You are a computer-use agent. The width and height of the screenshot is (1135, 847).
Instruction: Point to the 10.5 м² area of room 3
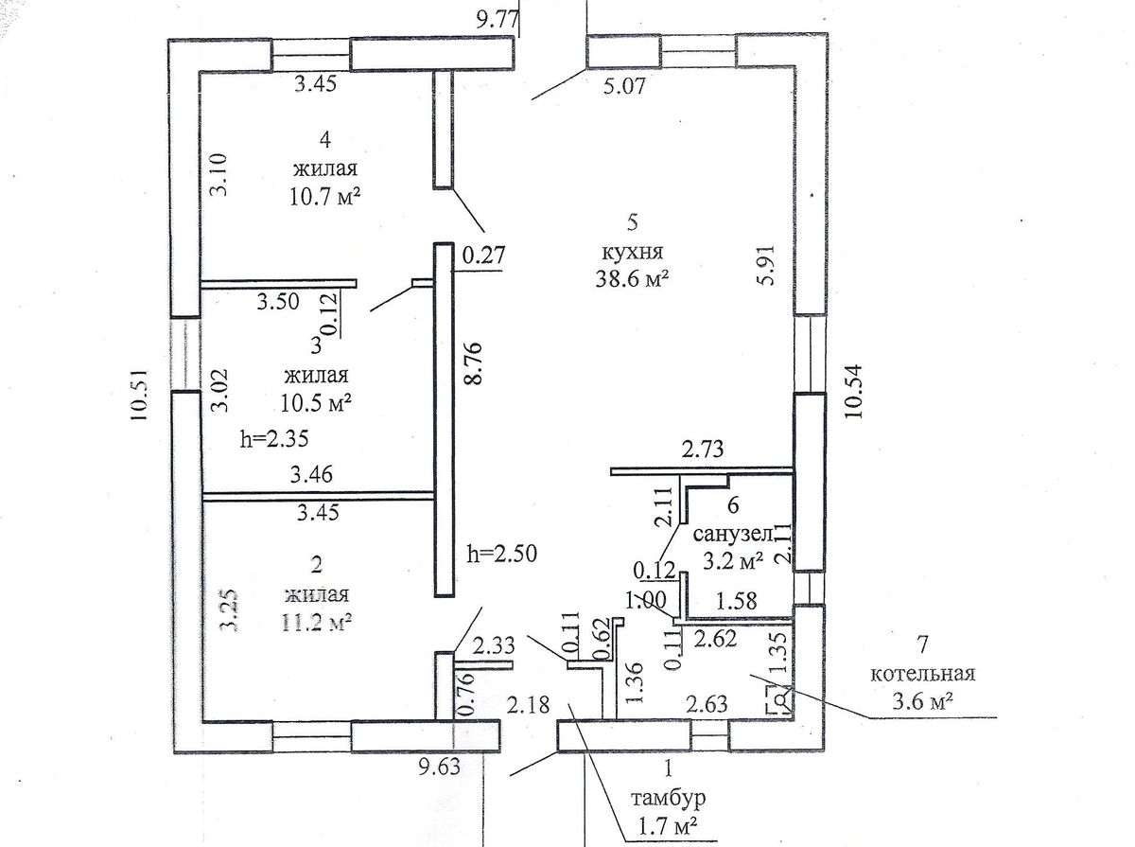pos(317,401)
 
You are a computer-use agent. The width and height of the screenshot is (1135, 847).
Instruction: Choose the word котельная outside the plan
pos(922,675)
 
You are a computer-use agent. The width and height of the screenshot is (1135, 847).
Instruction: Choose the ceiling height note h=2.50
pos(503,554)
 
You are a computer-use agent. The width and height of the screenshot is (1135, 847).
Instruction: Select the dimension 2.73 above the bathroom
pos(703,450)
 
